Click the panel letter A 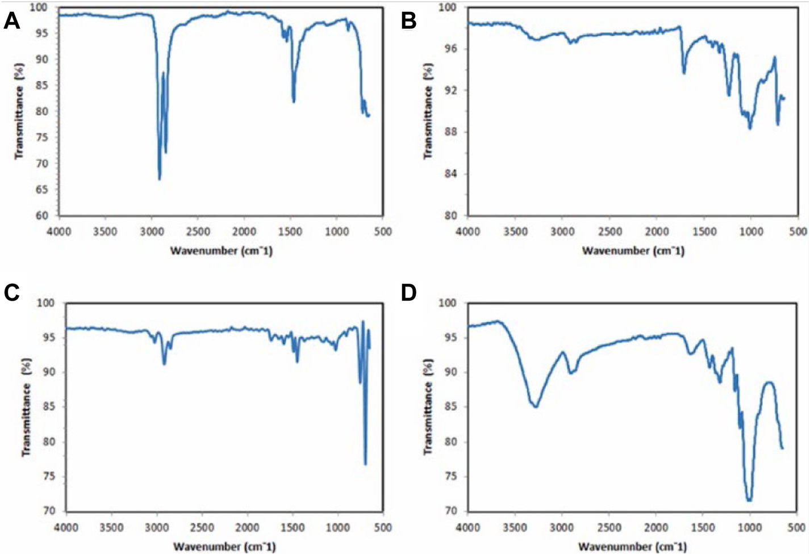click(12, 21)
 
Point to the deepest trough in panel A click(160, 179)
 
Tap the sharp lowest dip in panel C click(365, 464)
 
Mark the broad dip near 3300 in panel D click(535, 406)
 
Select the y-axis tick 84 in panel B click(455, 174)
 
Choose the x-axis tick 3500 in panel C click(111, 527)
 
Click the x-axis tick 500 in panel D click(798, 527)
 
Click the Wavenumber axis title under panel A click(222, 250)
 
